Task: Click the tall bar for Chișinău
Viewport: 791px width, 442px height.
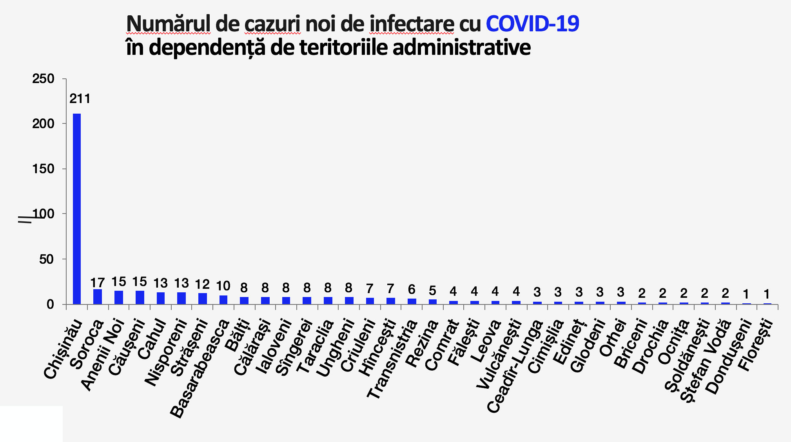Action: (x=77, y=208)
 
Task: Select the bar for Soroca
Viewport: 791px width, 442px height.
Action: (x=98, y=297)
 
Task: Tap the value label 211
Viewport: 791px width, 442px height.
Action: (x=80, y=99)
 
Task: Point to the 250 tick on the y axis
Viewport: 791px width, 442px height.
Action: (x=44, y=79)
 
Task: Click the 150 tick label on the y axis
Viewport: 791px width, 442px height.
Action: (x=44, y=169)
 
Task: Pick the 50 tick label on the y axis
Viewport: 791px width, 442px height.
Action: (x=46, y=259)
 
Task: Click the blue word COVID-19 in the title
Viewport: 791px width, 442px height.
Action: (x=532, y=24)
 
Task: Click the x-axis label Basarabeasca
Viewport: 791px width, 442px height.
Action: (x=200, y=368)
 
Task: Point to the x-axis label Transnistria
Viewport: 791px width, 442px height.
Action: (x=392, y=359)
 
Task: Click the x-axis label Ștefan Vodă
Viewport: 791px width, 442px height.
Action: (x=706, y=360)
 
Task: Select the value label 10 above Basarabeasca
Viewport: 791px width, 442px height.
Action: (x=223, y=286)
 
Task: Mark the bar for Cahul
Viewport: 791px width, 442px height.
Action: (x=161, y=298)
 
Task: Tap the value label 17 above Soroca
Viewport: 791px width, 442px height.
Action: (x=98, y=283)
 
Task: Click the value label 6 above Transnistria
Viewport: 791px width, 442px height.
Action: (x=412, y=290)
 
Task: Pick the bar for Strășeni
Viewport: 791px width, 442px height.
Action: (x=203, y=299)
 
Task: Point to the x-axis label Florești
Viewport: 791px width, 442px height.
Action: (x=756, y=345)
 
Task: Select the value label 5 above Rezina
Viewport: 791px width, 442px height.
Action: (x=432, y=291)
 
